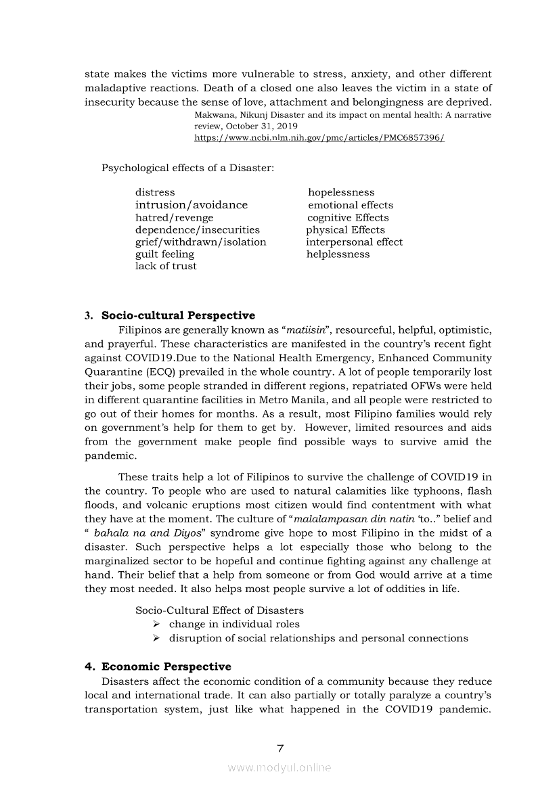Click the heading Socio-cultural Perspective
tap(178, 315)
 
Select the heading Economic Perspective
tap(166, 666)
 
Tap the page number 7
tap(280, 748)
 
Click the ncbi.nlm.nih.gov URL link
tap(319, 137)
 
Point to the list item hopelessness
tap(341, 193)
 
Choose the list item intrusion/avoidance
tap(192, 205)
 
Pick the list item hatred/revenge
tap(174, 217)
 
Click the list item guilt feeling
tap(164, 254)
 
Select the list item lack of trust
tap(166, 266)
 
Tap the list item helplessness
tap(338, 254)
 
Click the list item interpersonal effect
tap(354, 242)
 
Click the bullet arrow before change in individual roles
tap(156, 624)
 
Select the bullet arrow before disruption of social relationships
tap(156, 638)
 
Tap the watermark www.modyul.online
tap(279, 767)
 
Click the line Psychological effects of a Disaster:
tap(187, 167)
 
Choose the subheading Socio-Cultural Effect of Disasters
tap(219, 610)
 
